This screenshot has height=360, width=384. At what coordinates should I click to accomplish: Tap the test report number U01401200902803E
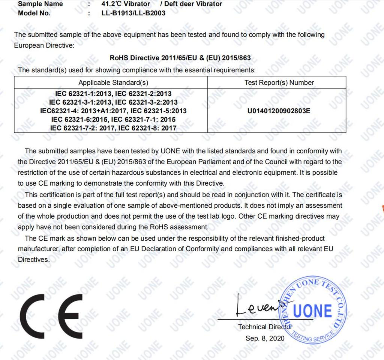[279, 111]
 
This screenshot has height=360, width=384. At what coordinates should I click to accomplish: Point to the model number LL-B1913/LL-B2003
[133, 13]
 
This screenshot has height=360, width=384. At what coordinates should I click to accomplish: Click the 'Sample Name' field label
[40, 4]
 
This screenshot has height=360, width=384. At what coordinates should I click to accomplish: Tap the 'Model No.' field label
[34, 13]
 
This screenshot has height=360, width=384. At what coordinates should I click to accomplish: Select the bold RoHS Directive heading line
[180, 58]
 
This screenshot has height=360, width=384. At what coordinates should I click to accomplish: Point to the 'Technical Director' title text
[265, 327]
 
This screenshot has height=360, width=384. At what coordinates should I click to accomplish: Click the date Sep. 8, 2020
[265, 338]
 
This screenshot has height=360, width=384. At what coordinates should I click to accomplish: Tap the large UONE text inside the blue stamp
[312, 311]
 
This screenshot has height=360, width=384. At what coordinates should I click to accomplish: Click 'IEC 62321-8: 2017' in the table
[148, 128]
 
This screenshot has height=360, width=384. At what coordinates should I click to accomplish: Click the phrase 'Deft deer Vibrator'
[193, 4]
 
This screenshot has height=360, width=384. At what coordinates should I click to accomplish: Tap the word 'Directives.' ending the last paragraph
[34, 259]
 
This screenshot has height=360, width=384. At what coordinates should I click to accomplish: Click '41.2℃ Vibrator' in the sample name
[126, 4]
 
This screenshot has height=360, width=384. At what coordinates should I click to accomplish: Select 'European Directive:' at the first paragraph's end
[44, 45]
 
